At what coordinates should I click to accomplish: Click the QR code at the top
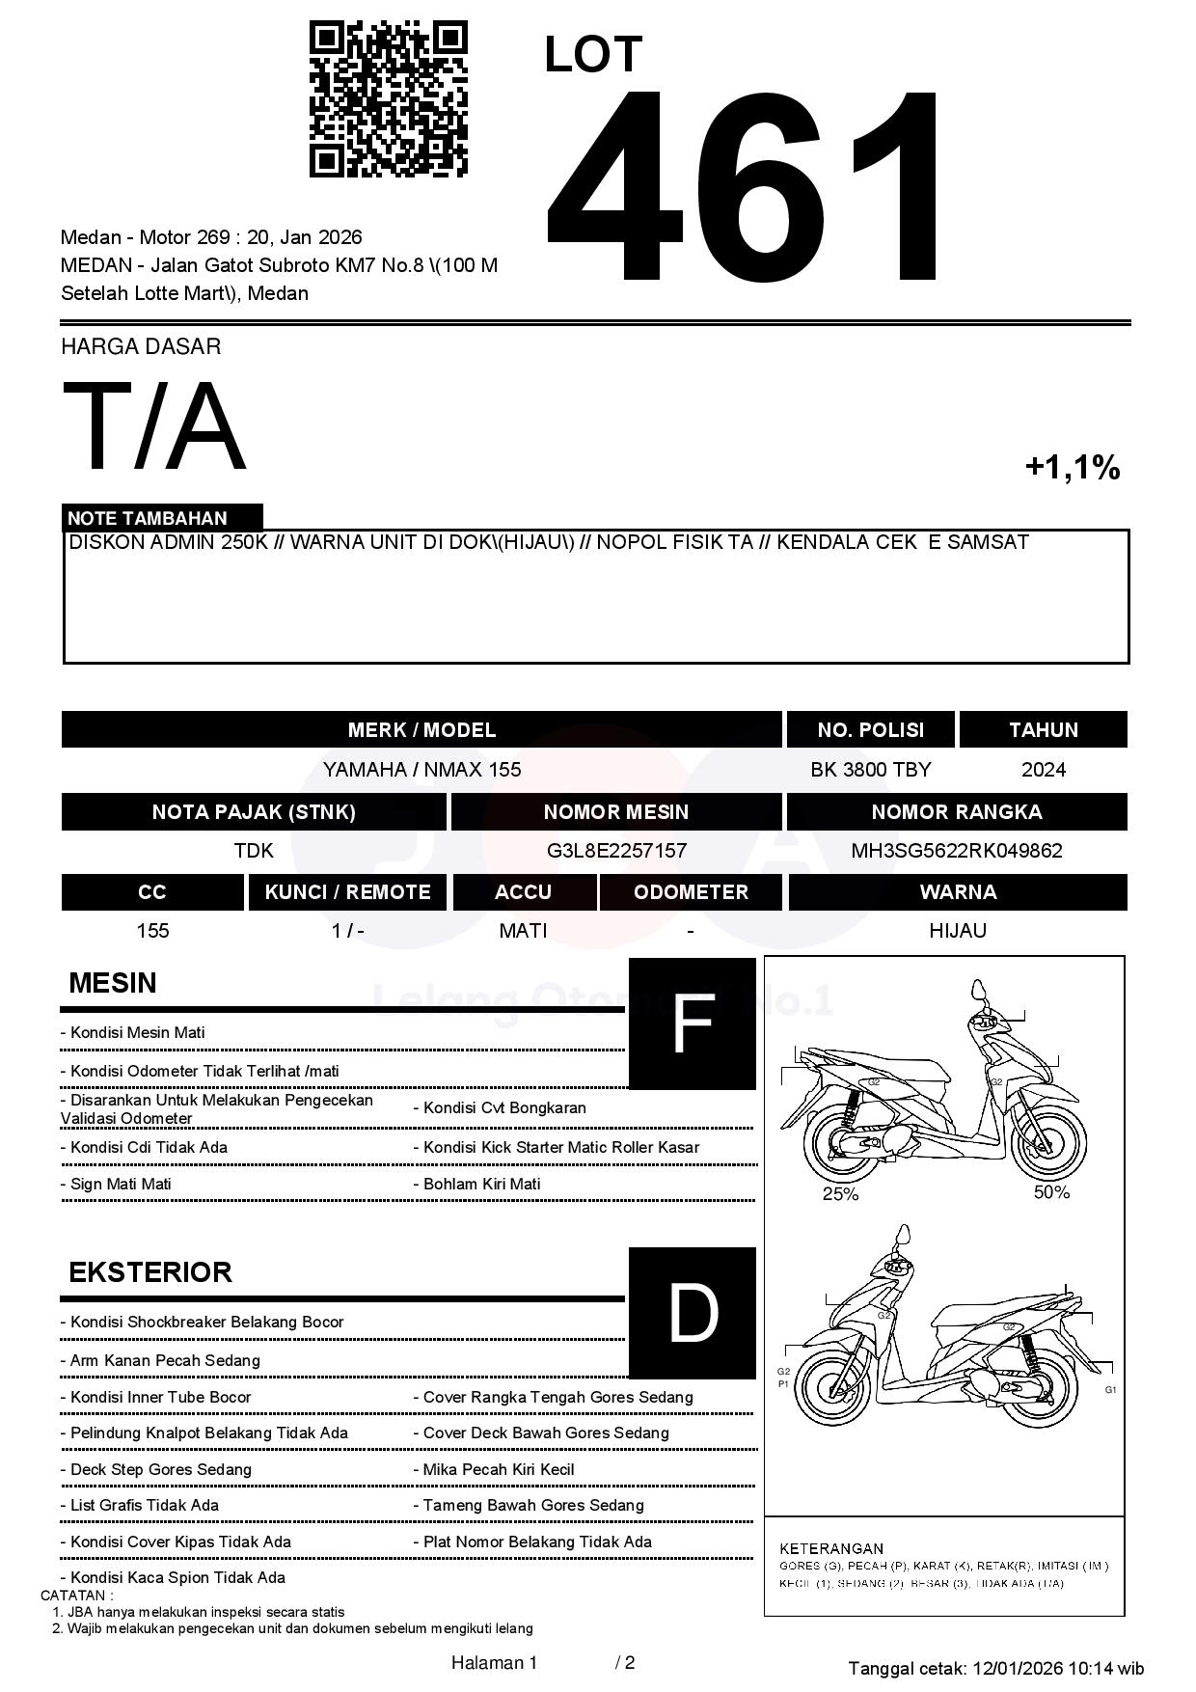[x=388, y=99]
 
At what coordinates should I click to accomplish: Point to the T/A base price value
[x=154, y=426]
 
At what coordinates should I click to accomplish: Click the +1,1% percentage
[x=1072, y=468]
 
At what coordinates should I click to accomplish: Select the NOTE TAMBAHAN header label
[x=148, y=518]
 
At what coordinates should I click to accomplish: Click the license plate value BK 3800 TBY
[x=870, y=770]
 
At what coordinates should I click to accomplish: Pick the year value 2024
[x=1043, y=770]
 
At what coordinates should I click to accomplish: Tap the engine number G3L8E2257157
[x=616, y=851]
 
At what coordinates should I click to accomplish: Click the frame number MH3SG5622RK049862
[x=956, y=851]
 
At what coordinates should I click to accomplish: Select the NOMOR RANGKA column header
[x=956, y=812]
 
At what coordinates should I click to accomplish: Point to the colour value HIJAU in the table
[x=957, y=931]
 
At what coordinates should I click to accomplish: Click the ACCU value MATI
[x=523, y=931]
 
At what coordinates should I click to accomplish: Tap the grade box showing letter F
[x=692, y=1024]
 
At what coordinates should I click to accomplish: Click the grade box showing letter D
[x=692, y=1313]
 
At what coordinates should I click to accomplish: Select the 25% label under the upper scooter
[x=840, y=1194]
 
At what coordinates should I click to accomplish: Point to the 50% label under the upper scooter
[x=1051, y=1192]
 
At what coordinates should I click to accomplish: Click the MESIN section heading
[x=113, y=983]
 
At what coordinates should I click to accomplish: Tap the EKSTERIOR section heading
[x=150, y=1272]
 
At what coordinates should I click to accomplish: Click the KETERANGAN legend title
[x=831, y=1548]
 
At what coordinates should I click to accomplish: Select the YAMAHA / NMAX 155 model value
[x=421, y=770]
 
